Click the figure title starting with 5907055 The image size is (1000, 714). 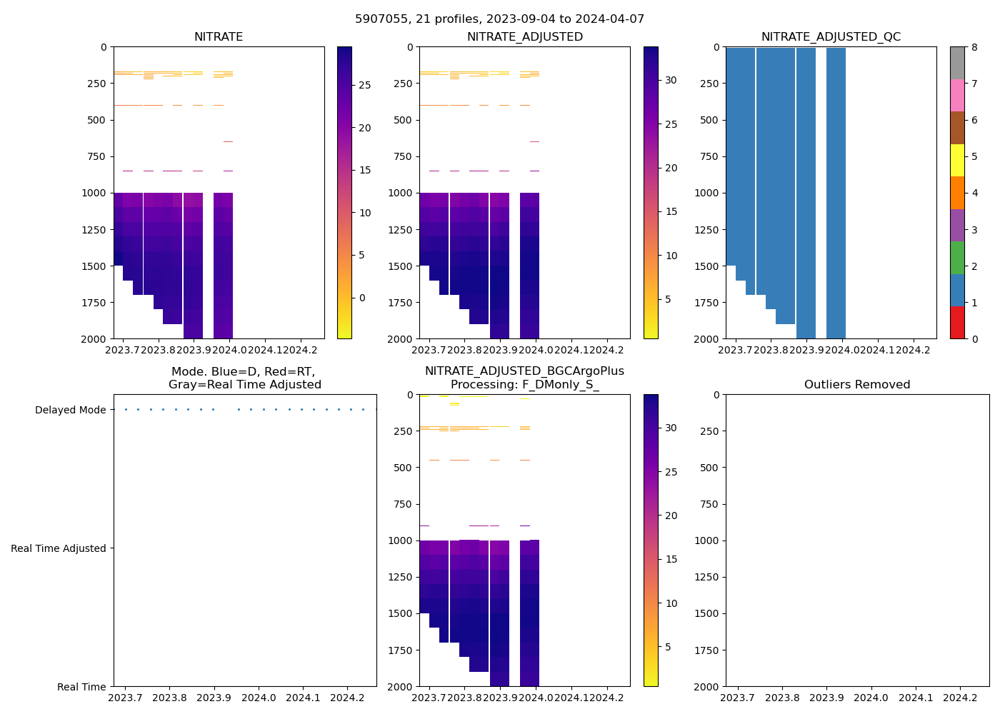point(499,19)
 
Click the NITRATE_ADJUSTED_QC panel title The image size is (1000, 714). point(831,37)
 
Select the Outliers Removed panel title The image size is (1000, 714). point(857,385)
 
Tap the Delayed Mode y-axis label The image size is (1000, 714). point(70,410)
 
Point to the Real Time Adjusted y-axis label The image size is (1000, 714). point(59,548)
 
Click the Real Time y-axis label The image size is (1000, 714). point(81,687)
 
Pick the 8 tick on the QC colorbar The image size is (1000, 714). point(974,47)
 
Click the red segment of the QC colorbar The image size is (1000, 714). point(957,323)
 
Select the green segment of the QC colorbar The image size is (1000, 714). point(957,258)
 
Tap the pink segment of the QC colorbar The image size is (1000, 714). point(957,95)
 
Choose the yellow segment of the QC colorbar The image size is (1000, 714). point(957,160)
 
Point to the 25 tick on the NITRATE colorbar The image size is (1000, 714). point(364,86)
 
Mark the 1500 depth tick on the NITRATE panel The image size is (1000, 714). point(96,266)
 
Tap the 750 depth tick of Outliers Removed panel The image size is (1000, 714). point(709,504)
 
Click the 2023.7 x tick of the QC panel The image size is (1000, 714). point(735,350)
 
